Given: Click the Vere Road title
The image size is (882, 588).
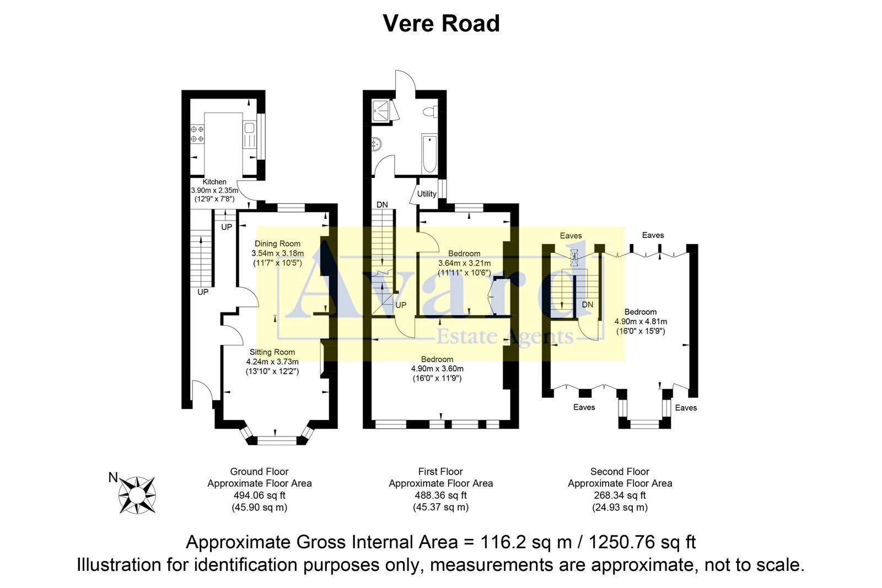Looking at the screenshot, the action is [x=441, y=24].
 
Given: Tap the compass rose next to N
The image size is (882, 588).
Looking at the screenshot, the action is [x=137, y=495].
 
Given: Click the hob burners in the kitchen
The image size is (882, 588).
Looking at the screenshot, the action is [x=197, y=134].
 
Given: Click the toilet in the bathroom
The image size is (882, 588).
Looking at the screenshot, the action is [x=429, y=112].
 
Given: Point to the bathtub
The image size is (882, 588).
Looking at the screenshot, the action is [x=429, y=152].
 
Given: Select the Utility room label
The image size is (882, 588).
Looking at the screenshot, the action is [x=427, y=194].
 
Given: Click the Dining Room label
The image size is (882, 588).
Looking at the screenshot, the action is [x=277, y=244].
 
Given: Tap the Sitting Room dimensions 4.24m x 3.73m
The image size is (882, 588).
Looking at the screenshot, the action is [x=272, y=362].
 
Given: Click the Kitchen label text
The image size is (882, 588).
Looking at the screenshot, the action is [x=214, y=182].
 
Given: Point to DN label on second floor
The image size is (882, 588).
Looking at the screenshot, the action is [x=588, y=305].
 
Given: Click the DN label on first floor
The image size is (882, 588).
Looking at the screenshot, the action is [x=382, y=205].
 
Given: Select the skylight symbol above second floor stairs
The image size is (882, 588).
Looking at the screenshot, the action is [x=574, y=257].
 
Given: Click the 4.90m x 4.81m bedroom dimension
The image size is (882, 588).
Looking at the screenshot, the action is [x=641, y=321].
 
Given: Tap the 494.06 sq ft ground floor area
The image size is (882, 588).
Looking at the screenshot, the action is [x=259, y=495].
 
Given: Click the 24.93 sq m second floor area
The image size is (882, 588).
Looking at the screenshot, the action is [x=620, y=507].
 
